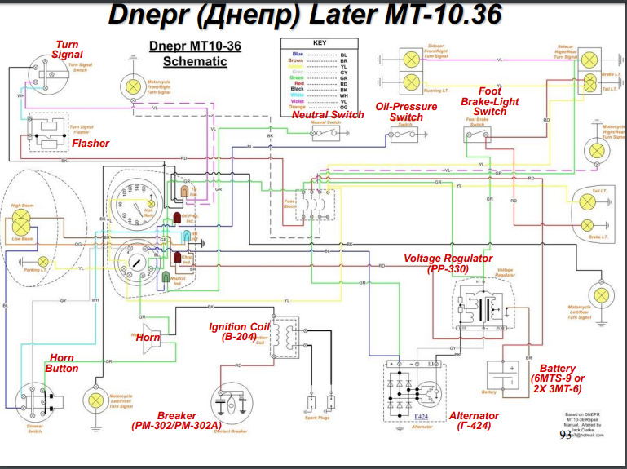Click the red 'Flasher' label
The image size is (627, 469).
[91, 144]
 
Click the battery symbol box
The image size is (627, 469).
[502, 376]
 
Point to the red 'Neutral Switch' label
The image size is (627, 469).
[328, 115]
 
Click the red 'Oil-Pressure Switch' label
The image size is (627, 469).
[406, 112]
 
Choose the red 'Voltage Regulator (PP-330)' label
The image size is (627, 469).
[448, 263]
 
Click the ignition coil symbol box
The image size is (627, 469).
[285, 337]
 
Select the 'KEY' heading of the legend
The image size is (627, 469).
[320, 42]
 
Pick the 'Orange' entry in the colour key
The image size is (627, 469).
[298, 107]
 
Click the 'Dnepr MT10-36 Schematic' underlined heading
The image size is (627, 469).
[195, 54]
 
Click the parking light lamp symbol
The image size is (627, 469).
[43, 261]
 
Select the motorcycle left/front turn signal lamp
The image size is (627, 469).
[97, 400]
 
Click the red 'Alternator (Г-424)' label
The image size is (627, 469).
[474, 420]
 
